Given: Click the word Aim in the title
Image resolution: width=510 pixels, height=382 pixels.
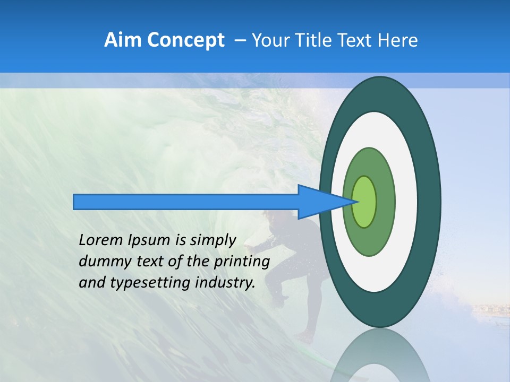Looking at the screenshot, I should point(123,40).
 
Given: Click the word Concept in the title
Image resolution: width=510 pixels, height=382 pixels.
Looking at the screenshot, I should point(185,40).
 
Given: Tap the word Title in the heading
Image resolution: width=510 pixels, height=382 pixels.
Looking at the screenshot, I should point(319,40).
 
